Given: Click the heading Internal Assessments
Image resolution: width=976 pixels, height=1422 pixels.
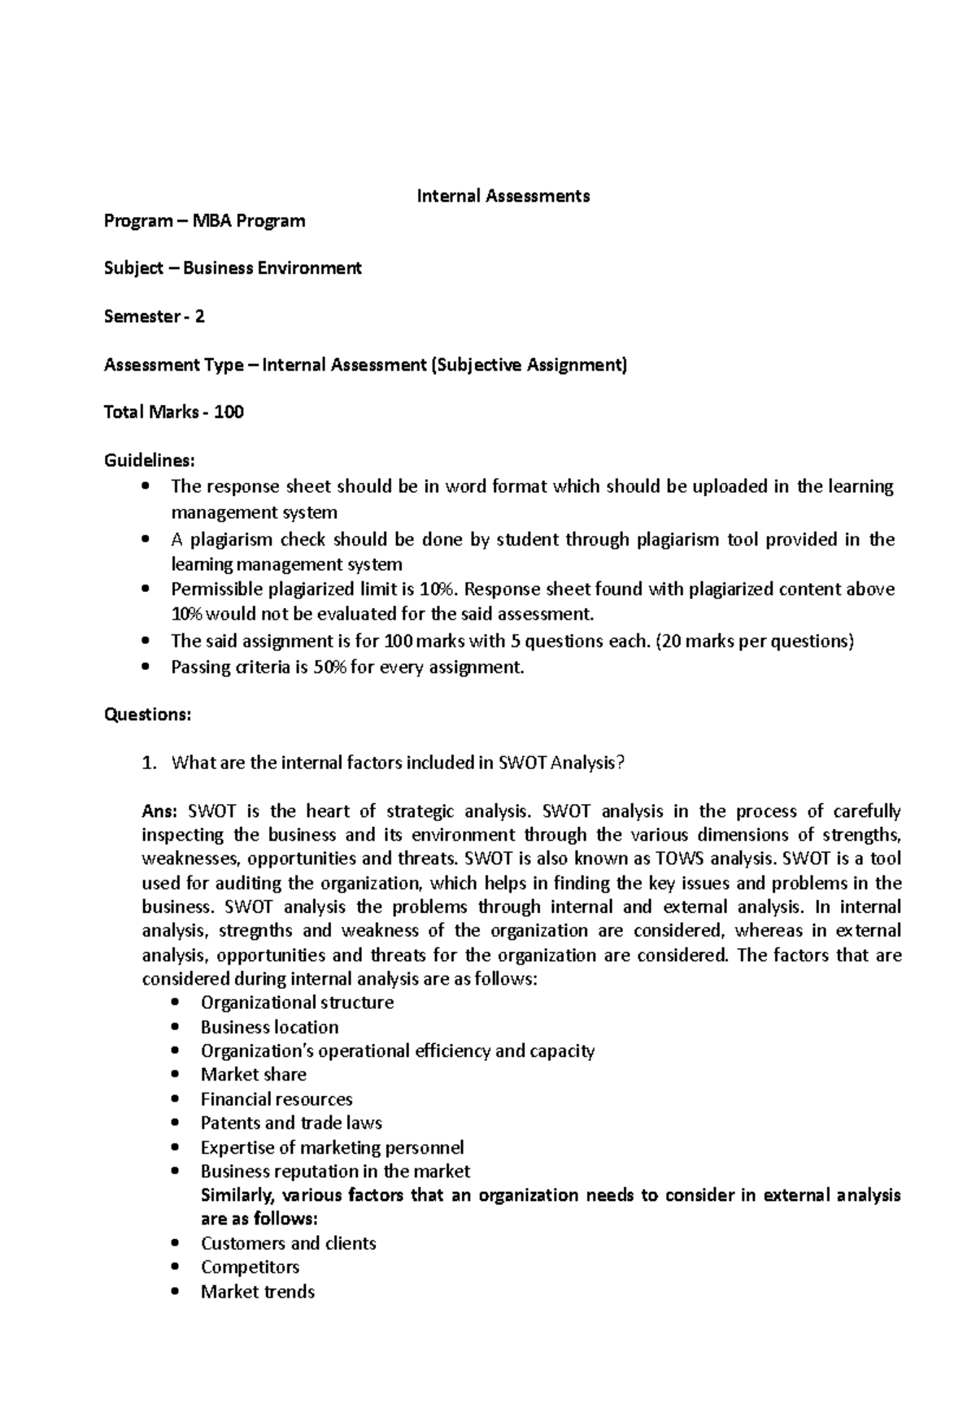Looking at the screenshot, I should point(503,196).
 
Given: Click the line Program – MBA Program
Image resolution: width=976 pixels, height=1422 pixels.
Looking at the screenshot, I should point(204,220).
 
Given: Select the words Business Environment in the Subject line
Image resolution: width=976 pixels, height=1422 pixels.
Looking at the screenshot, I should point(272,268).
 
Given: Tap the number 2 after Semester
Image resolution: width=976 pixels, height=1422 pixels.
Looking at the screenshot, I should point(199,316).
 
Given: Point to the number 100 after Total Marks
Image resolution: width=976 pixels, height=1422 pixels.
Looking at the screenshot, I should point(229,412).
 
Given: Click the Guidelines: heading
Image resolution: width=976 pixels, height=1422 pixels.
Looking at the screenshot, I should point(149,460).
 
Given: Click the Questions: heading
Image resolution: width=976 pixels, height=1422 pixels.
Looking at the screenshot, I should point(147,715).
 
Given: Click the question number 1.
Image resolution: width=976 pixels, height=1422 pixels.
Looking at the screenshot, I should point(146,763).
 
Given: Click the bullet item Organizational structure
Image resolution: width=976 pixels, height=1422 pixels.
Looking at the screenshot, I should point(297,1002).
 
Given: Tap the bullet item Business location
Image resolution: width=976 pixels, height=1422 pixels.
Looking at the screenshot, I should point(269,1027).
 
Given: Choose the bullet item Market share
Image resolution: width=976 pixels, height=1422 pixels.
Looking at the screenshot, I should point(253,1075).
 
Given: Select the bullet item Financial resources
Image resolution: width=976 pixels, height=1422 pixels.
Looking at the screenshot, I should point(277,1099).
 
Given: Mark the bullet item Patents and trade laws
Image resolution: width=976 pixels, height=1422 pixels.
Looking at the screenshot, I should point(291,1123).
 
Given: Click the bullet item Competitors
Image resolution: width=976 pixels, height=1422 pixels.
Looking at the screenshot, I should point(250,1267).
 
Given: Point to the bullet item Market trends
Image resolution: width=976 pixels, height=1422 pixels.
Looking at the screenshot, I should point(257,1291).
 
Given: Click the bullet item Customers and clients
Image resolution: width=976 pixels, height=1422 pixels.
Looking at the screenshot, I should point(288,1243).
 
